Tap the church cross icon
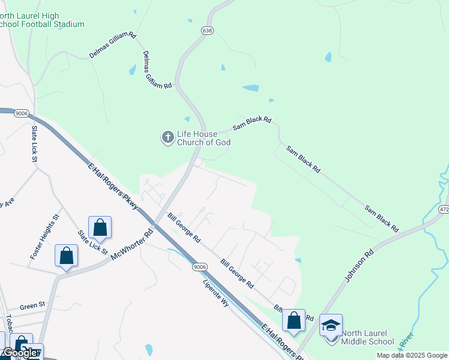click(x=167, y=138)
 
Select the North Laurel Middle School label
click(x=367, y=337)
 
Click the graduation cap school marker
click(x=331, y=326)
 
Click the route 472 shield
click(x=444, y=210)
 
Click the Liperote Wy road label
click(x=216, y=293)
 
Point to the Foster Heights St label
click(x=44, y=238)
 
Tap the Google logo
click(x=19, y=353)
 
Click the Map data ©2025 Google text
click(x=411, y=355)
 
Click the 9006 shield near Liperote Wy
click(x=200, y=266)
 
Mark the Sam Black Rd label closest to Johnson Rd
click(x=382, y=218)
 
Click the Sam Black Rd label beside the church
click(x=252, y=124)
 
